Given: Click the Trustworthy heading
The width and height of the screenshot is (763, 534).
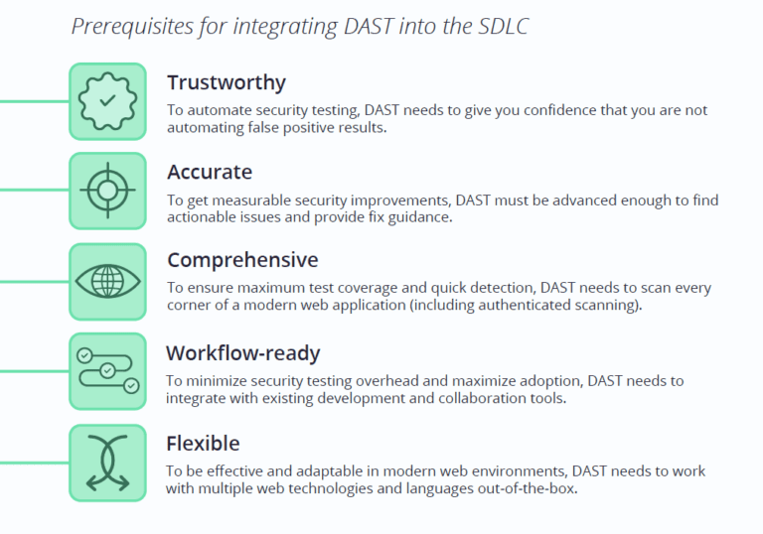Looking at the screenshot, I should [x=226, y=82].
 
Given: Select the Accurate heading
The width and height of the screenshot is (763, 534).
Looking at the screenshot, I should [x=210, y=172].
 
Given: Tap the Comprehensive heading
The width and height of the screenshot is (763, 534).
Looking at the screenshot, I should [x=242, y=260].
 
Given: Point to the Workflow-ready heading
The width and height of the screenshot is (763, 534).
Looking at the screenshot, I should [x=242, y=352].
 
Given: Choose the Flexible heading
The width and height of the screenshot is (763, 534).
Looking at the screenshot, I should [x=203, y=443].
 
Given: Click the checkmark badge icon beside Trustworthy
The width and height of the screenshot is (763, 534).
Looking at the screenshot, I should [x=107, y=101].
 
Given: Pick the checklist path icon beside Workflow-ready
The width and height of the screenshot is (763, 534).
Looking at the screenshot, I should [x=107, y=371].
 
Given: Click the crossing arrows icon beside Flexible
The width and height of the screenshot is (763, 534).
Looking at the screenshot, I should [x=107, y=463].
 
